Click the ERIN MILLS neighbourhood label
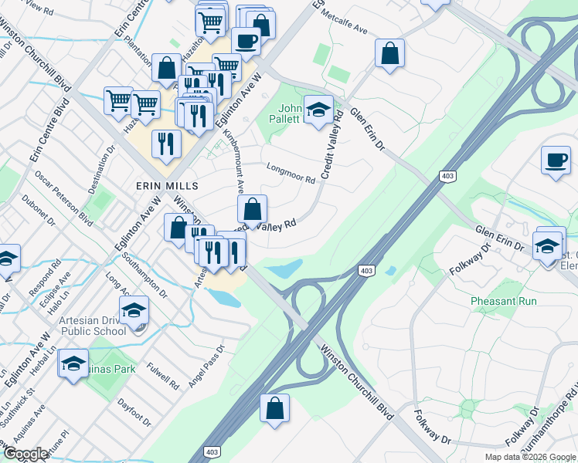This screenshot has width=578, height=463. [167, 186]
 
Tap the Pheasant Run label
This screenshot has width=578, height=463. [503, 301]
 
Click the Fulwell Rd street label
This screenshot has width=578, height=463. [164, 369]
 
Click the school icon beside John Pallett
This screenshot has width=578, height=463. [318, 109]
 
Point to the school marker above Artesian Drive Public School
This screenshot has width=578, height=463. [134, 309]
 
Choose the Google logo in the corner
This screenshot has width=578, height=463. [26, 455]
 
